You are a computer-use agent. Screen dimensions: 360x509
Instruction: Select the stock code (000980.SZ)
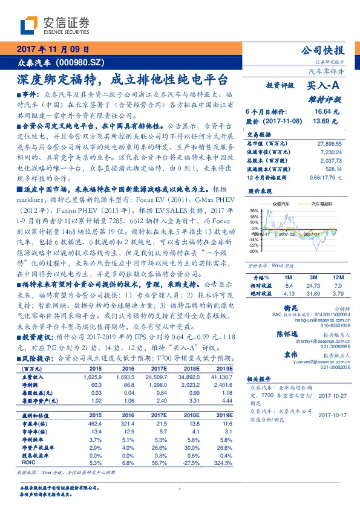click(79, 62)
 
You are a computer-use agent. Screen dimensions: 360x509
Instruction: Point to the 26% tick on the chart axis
click(252, 211)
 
